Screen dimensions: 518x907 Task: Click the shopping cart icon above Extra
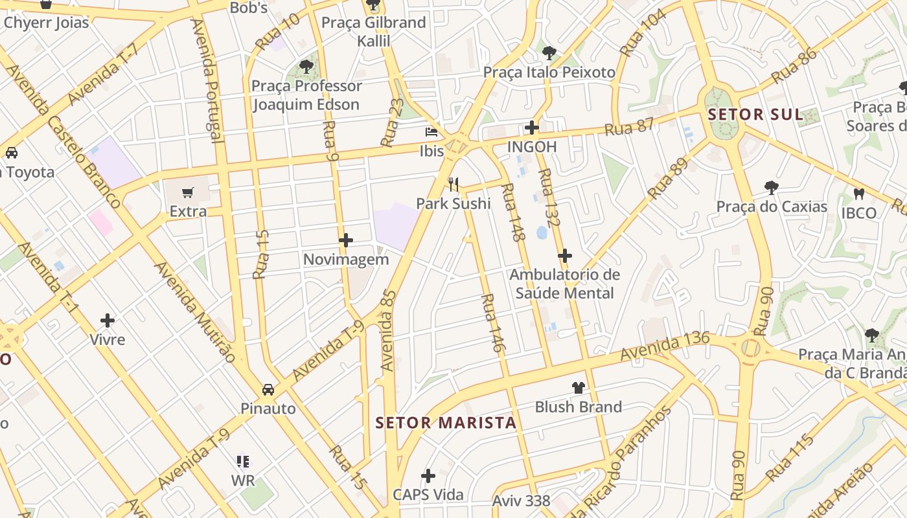(x=188, y=192)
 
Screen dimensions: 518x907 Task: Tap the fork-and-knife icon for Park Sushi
(x=454, y=185)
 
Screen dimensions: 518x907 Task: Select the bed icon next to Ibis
(x=431, y=132)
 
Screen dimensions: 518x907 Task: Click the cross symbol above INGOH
(x=532, y=128)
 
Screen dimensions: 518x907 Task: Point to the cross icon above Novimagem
(x=346, y=240)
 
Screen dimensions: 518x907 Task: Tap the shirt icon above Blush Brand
(x=578, y=388)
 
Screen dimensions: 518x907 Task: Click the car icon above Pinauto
(x=268, y=389)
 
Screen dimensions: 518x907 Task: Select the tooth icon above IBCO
(x=859, y=194)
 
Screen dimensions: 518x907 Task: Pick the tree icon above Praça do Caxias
(x=771, y=188)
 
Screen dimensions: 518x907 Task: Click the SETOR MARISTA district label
(x=446, y=423)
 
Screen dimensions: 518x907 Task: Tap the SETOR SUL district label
(x=755, y=115)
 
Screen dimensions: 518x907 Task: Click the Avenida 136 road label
(x=665, y=346)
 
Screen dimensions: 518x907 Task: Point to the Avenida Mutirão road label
(x=194, y=311)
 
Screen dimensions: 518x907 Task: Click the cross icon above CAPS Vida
(x=428, y=476)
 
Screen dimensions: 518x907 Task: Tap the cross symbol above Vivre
(x=108, y=321)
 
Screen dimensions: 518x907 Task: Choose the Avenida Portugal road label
(x=207, y=80)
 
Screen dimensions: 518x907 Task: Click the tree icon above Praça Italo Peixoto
(x=549, y=52)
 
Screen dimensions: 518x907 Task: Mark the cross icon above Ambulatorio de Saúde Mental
(x=565, y=256)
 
